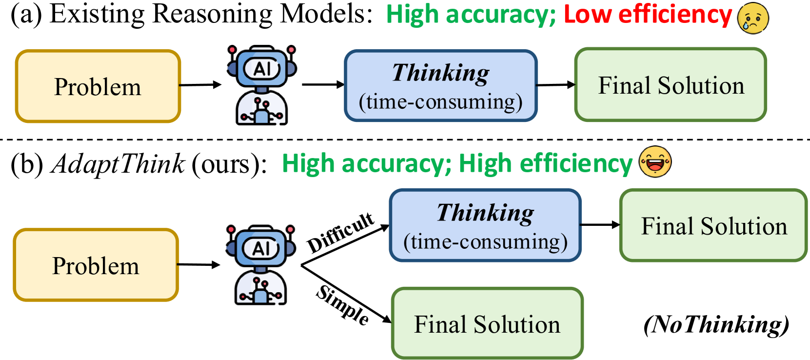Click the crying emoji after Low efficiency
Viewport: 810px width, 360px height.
tap(753, 18)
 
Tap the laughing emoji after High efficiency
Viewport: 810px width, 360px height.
tap(655, 161)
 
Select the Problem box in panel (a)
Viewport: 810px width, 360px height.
tap(98, 86)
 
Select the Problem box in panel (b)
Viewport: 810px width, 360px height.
tap(96, 265)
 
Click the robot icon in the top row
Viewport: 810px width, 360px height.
tap(262, 85)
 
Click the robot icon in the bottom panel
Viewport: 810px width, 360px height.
tap(261, 265)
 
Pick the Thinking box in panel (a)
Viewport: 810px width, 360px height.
tap(440, 86)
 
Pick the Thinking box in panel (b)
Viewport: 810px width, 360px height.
tap(485, 226)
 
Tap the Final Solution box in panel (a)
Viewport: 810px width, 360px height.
tap(671, 85)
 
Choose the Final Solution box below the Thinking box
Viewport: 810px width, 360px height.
tap(487, 323)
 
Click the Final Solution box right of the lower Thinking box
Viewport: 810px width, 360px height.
tap(713, 226)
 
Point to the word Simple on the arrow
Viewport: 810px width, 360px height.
tap(343, 305)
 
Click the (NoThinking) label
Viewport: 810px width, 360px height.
tap(716, 324)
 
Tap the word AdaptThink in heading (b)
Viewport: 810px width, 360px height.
tap(119, 163)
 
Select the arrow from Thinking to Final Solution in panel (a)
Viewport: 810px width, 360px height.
tap(555, 85)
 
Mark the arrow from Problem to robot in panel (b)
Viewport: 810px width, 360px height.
tap(198, 265)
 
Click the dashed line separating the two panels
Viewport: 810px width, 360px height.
tap(405, 140)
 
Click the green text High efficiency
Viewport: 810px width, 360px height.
tap(545, 163)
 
